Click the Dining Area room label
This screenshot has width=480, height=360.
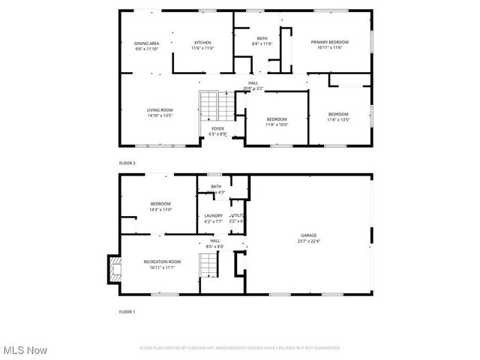pos(146,43)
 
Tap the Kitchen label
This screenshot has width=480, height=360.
pos(202,43)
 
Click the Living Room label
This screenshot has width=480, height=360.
pos(160,110)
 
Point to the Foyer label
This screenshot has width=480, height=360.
pos(217,128)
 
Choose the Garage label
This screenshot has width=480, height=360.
pos(309,235)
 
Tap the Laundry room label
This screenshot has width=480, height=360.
pos(214,215)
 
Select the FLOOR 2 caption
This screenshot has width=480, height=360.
pos(127,163)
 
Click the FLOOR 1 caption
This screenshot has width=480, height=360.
pos(127,310)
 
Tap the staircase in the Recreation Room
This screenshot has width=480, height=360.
pos(207,265)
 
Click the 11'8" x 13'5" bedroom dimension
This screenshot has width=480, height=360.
pos(338,119)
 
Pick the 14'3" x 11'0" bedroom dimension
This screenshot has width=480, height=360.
pos(160,210)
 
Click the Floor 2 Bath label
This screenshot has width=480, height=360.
pos(262,38)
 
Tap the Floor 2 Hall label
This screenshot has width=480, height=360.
pos(253,83)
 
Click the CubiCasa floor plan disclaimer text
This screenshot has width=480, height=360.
pos(240,348)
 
